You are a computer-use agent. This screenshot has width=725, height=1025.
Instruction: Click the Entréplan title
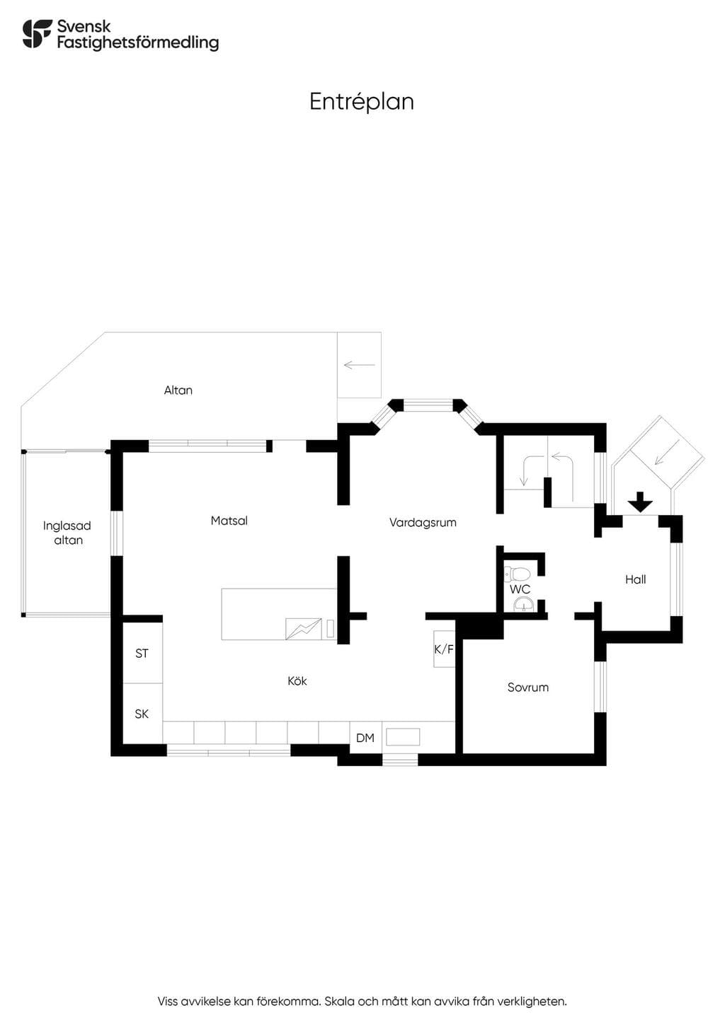[x=361, y=102]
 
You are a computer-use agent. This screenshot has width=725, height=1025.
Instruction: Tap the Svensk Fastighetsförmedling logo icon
[x=37, y=33]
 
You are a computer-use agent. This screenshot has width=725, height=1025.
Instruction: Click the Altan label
[x=178, y=390]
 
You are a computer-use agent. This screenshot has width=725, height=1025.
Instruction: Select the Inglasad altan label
[x=67, y=533]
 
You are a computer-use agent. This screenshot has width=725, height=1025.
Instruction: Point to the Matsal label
[x=229, y=521]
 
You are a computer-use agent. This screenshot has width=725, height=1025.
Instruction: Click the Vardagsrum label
[x=423, y=523]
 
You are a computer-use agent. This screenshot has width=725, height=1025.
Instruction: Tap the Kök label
[x=297, y=681]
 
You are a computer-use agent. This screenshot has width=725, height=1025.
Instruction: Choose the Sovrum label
[x=528, y=688]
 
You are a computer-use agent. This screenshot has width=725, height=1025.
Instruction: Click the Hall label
[x=636, y=579]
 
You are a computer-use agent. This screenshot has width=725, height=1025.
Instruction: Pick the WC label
[x=520, y=589]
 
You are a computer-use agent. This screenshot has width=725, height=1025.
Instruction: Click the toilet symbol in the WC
[x=517, y=573]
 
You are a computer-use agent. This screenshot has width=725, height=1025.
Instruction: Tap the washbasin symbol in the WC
[x=523, y=604]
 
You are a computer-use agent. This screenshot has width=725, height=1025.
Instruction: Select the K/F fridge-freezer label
[x=444, y=649]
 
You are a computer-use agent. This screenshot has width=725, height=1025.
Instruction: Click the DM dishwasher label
[x=365, y=738]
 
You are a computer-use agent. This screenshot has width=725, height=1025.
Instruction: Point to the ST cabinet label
[x=142, y=654]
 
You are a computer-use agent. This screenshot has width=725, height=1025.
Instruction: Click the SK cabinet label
[x=142, y=714]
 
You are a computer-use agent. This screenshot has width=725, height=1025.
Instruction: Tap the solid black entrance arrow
[x=640, y=502]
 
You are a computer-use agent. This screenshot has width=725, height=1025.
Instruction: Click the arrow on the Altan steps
[x=360, y=365]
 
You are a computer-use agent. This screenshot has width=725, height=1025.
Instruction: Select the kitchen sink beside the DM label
[x=403, y=736]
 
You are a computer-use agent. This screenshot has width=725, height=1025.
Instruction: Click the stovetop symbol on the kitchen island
[x=303, y=629]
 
